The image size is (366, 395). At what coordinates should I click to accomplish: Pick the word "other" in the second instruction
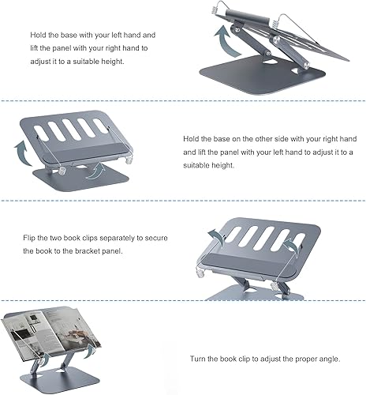click(x=265, y=136)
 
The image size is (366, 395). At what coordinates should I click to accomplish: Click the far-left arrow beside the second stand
click(x=21, y=149)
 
